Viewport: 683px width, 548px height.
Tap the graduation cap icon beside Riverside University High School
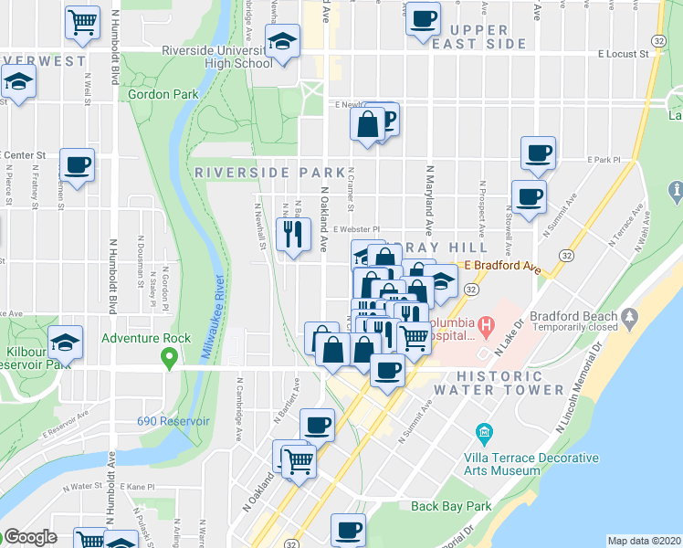283,41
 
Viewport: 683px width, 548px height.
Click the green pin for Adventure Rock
169,357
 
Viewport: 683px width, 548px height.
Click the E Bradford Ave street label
503,266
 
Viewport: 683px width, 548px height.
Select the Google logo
30,536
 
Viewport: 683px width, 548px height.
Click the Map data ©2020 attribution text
644,540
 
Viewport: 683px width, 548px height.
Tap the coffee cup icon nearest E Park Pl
538,153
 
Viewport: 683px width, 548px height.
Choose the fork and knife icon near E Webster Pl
294,234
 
